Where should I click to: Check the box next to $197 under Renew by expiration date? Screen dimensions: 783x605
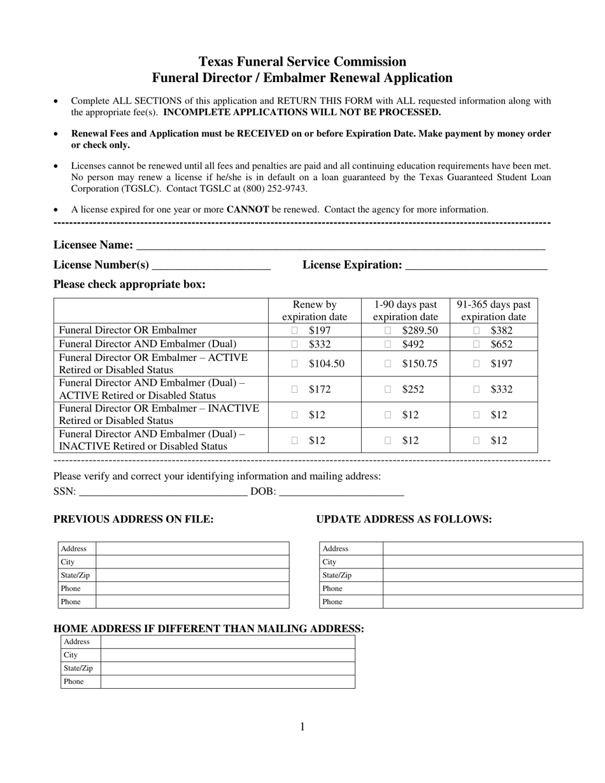point(294,330)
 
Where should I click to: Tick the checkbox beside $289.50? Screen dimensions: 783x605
point(388,330)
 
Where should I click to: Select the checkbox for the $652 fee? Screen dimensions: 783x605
point(476,344)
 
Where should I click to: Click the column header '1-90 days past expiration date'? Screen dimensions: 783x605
point(406,311)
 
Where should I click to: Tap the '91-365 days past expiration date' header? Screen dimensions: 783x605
point(494,311)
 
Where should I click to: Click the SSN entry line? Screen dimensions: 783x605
point(162,492)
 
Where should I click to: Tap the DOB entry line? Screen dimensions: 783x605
point(341,492)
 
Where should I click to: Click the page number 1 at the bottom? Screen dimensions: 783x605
point(302,727)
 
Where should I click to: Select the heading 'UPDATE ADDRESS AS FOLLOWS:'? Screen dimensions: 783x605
point(404,519)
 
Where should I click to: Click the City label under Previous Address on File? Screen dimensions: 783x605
point(68,562)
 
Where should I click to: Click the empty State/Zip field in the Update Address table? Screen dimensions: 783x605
point(482,575)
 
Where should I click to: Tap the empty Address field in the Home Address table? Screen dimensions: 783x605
point(227,642)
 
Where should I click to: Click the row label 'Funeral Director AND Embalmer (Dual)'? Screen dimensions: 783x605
point(148,344)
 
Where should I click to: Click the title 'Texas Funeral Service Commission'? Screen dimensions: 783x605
point(302,62)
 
